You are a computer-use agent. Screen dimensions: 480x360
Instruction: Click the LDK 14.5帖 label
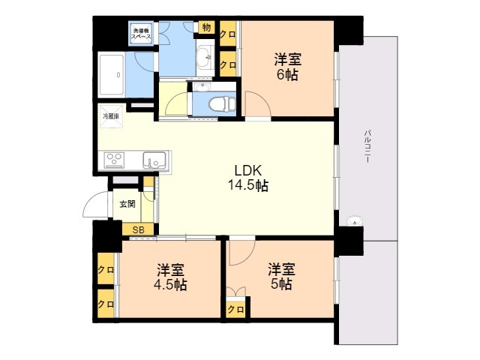pos(248,178)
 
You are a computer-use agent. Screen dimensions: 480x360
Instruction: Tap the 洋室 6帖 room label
pos(287,67)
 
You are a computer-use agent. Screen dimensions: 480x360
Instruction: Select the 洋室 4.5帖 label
pos(170,277)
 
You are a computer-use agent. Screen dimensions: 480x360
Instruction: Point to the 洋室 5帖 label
pos(281,277)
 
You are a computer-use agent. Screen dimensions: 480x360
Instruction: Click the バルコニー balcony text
pos(367,147)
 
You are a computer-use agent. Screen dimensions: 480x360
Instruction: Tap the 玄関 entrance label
pos(127,204)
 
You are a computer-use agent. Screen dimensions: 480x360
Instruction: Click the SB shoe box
pos(138,229)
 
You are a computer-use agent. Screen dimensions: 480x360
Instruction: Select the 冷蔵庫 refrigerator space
pos(111,116)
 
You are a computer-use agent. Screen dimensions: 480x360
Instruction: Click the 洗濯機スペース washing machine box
pos(141,33)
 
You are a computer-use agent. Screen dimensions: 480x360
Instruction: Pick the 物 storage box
pos(207,28)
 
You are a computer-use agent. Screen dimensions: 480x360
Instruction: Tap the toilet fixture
pos(222,103)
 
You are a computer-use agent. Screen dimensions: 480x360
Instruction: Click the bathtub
pos(111,75)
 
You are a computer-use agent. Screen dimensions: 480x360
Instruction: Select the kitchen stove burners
pos(114,160)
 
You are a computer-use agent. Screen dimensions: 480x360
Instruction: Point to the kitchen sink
pos(154,160)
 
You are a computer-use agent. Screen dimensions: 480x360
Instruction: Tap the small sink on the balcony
pos(355,220)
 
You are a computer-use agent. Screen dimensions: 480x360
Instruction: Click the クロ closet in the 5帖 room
pos(236,310)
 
